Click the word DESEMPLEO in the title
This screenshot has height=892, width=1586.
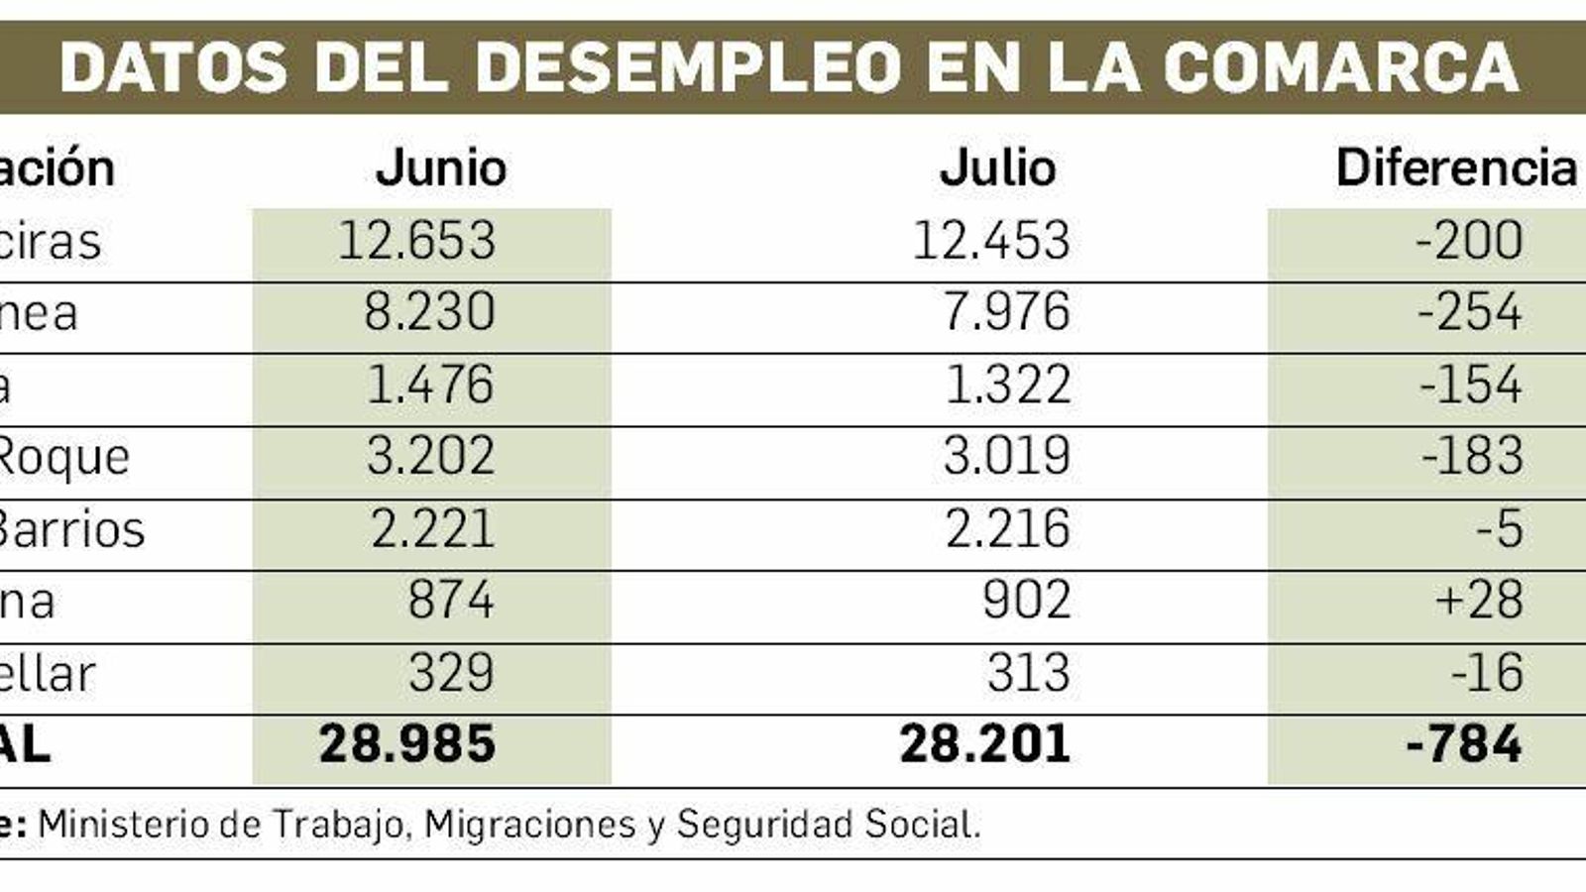pos(688,66)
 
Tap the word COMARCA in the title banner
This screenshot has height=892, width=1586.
pos(1340,66)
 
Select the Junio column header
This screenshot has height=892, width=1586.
pos(441,167)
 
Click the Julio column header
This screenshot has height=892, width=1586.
pos(997,167)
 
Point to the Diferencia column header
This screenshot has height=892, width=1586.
pos(1455,167)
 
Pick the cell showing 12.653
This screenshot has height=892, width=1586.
pos(416,241)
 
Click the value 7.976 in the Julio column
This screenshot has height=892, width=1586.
pos(1006,312)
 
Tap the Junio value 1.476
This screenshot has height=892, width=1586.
pos(429,385)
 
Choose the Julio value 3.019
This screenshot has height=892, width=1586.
pos(1006,456)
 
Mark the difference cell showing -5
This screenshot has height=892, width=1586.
pos(1499,528)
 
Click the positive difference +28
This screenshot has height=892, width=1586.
pos(1478,601)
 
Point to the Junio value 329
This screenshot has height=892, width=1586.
pos(450,673)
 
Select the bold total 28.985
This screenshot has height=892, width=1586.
pos(407,744)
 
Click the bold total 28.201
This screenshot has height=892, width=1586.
pos(984,744)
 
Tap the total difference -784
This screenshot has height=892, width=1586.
pos(1464,744)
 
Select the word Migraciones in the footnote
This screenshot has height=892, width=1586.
pos(529,825)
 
